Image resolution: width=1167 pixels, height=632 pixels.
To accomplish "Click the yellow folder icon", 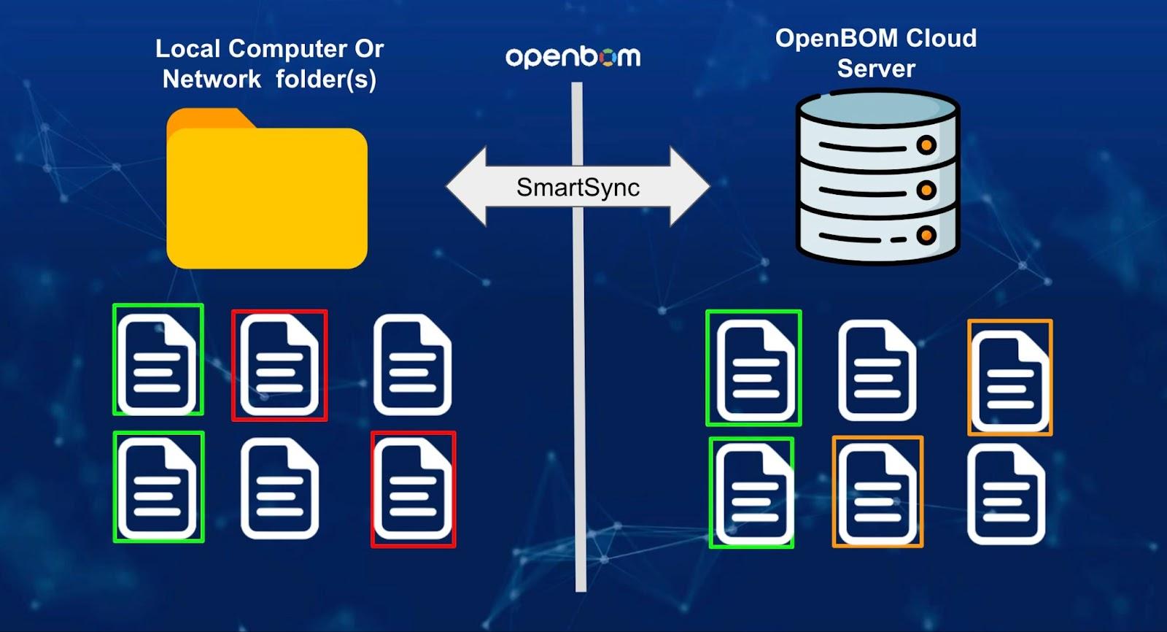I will [x=267, y=193].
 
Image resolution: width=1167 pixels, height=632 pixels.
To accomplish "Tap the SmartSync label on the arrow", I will [x=578, y=188].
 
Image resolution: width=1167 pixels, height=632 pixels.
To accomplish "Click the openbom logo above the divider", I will [x=573, y=57].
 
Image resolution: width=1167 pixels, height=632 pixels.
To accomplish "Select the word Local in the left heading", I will [x=187, y=49].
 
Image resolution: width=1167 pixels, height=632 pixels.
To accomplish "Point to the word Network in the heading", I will [x=212, y=79].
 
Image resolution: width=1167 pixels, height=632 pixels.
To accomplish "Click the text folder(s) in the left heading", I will [x=325, y=79].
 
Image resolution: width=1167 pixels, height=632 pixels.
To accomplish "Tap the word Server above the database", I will [x=875, y=69].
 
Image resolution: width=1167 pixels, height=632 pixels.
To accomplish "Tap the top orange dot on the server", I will [x=926, y=144].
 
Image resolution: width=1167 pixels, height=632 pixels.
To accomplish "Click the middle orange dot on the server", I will [x=926, y=190].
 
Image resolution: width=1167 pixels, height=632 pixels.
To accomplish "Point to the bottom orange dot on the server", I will [x=926, y=235].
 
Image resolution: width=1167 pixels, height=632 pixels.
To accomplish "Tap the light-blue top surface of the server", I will [x=877, y=109].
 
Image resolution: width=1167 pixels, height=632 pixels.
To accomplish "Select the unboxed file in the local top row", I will [x=413, y=365].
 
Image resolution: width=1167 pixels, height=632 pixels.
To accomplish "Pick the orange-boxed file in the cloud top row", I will [x=1009, y=378].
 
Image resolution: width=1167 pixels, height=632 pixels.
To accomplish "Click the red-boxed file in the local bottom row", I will [x=413, y=489].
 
